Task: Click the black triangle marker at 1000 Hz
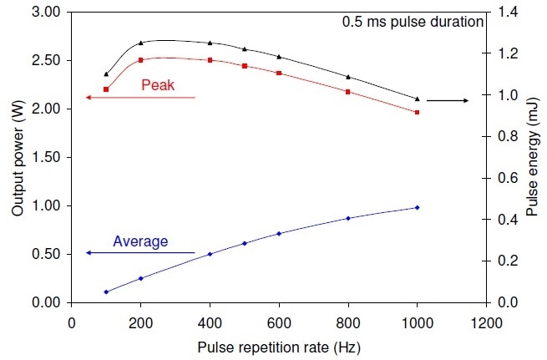point(418,99)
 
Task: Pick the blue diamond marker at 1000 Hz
point(418,207)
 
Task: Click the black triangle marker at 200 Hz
point(141,43)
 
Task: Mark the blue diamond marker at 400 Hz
point(210,254)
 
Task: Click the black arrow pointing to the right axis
point(448,100)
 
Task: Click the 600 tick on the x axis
point(279,319)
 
